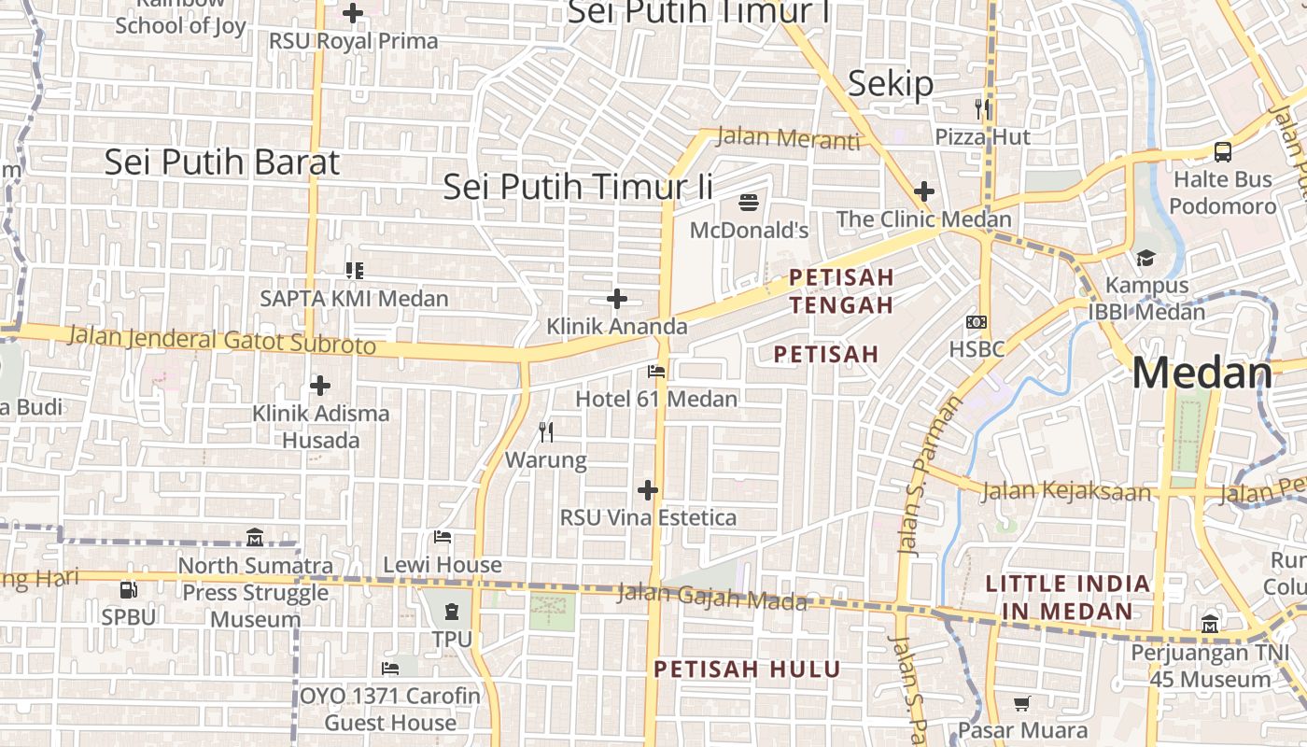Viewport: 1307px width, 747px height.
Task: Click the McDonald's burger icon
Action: click(x=749, y=202)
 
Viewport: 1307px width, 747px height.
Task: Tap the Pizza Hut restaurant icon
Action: click(x=982, y=109)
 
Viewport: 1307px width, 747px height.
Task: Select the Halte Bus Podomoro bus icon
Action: click(x=1222, y=152)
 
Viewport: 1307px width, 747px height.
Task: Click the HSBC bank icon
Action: click(x=977, y=322)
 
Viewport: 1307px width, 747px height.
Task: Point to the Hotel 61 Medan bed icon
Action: click(x=656, y=372)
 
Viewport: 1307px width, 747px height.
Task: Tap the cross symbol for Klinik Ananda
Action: click(x=617, y=299)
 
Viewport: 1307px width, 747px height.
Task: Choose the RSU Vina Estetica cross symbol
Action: click(x=648, y=490)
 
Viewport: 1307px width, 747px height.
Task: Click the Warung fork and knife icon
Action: click(x=546, y=432)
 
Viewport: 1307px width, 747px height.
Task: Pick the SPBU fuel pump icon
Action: click(x=129, y=590)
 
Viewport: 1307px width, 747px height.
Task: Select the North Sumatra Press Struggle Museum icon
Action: click(x=255, y=538)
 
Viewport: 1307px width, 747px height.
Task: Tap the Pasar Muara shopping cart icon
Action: click(x=1023, y=703)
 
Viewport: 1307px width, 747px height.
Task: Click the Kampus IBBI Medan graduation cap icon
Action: click(x=1145, y=258)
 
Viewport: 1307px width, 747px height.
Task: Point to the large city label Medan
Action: click(x=1202, y=373)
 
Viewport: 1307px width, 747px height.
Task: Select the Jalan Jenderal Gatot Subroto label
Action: click(x=222, y=340)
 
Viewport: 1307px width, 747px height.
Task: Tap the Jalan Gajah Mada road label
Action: click(x=711, y=597)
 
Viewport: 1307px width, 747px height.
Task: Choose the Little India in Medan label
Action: click(x=1068, y=598)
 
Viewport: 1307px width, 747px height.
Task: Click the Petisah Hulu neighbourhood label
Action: click(x=747, y=669)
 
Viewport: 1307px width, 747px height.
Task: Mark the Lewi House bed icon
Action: click(x=443, y=537)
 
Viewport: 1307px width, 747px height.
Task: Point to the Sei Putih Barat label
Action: click(x=221, y=162)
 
